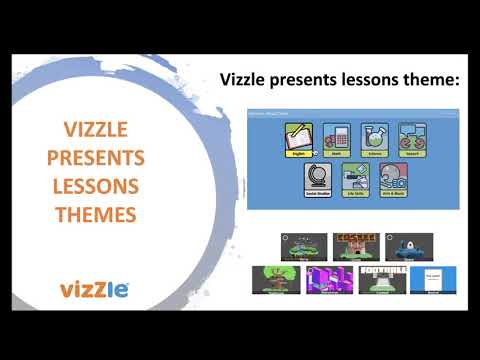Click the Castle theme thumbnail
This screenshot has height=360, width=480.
pyautogui.click(x=355, y=244)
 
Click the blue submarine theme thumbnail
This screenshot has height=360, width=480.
pyautogui.click(x=409, y=244)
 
